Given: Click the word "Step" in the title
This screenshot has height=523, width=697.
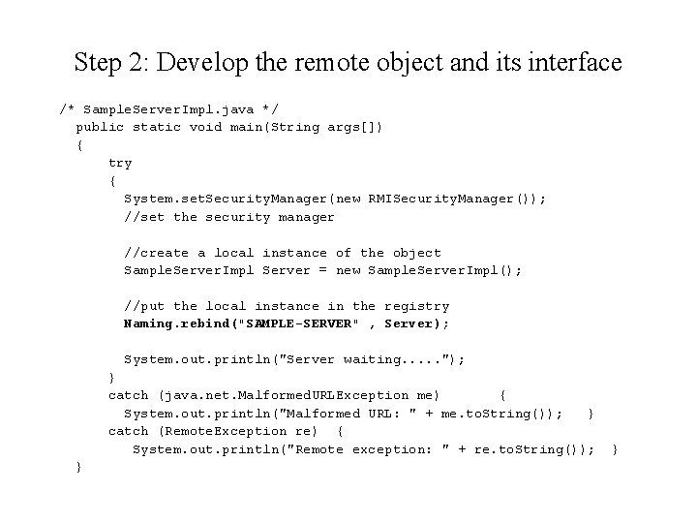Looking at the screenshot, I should (98, 64).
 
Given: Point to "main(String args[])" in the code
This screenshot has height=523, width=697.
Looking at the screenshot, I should (307, 127).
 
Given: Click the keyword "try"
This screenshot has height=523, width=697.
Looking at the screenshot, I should (120, 163).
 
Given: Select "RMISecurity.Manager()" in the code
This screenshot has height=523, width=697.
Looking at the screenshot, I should (450, 199).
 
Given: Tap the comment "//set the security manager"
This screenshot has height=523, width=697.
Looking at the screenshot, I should (228, 217).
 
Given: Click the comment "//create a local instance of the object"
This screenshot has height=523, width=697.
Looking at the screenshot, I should (282, 253).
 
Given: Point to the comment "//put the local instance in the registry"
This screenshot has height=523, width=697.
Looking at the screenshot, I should (286, 306).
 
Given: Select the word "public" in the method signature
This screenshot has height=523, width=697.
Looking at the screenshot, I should (100, 127).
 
